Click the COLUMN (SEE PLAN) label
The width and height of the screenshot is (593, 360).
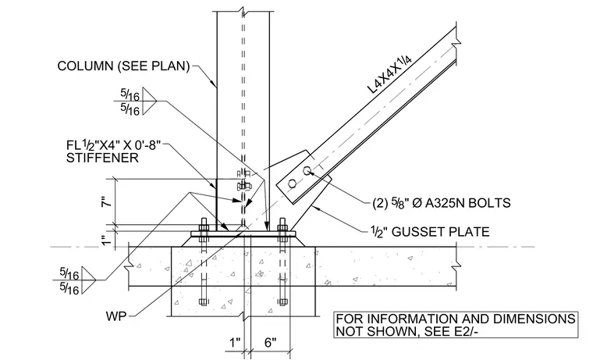coord(123,66)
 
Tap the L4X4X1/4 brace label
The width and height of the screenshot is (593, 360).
coord(390,73)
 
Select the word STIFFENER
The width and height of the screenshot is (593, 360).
coord(102,158)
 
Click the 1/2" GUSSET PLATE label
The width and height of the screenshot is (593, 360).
coord(430,231)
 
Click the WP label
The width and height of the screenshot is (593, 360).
coord(116,315)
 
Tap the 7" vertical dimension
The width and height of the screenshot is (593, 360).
coord(108,201)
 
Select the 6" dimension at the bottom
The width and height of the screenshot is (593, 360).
coord(270,343)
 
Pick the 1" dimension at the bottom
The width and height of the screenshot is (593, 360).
coord(235,343)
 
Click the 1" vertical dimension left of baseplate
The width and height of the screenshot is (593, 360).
coord(108,239)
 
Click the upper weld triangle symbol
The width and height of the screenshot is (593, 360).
coord(149,101)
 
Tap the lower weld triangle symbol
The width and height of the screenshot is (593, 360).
coord(89,280)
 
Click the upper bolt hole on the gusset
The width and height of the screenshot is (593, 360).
coord(307,170)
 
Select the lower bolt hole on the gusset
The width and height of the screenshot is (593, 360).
coord(292,184)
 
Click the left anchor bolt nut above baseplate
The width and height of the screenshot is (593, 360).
coord(204,227)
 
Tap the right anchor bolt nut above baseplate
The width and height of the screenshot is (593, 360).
coord(282,227)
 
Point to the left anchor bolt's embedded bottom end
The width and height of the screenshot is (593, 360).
coord(203,302)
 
